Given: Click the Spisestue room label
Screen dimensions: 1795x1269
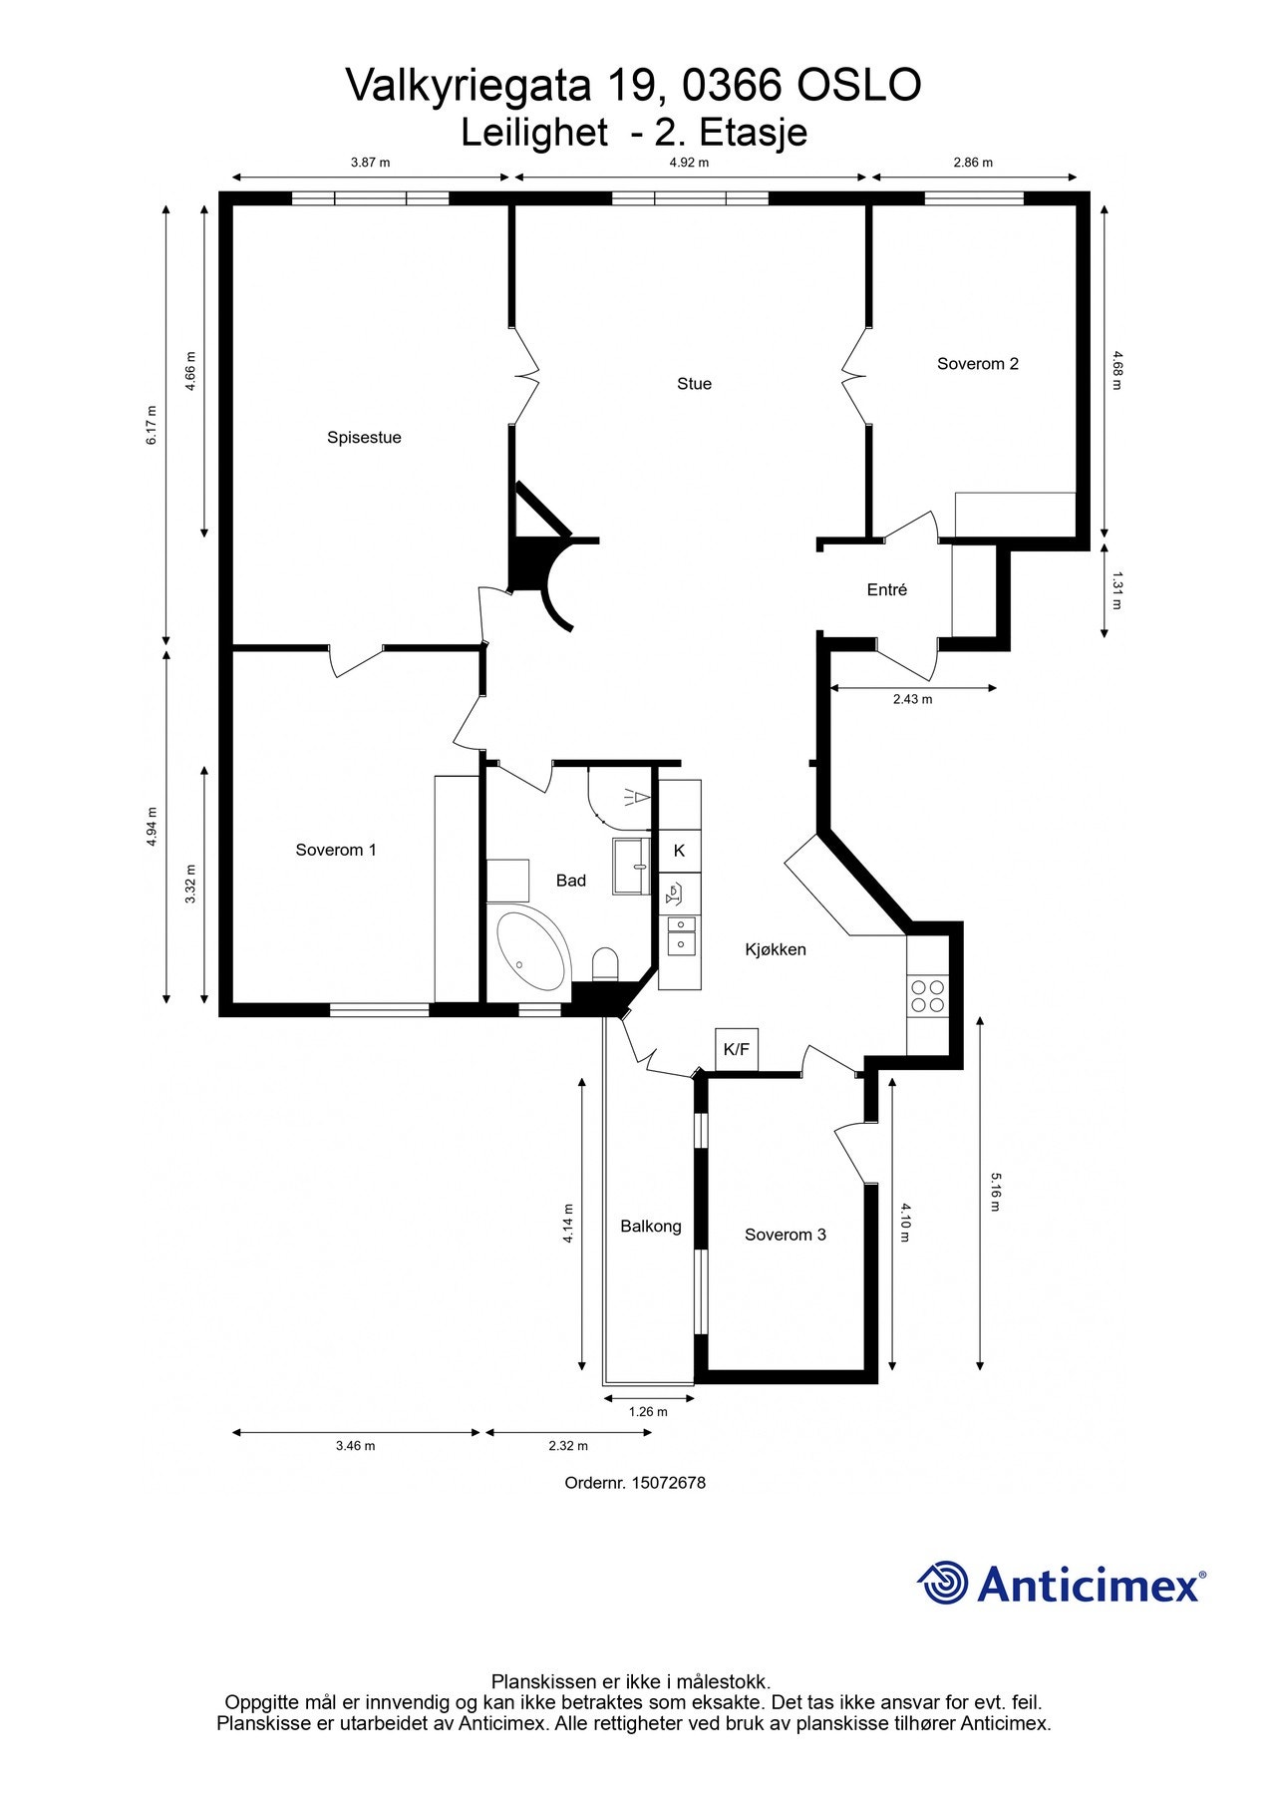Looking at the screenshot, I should coord(364,437).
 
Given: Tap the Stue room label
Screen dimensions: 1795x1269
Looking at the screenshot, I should coord(694,384).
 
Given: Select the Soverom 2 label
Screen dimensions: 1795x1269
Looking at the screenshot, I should coord(977,364).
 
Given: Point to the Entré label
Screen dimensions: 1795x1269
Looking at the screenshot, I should coord(886,590).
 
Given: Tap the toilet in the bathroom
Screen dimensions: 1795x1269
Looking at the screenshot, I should coord(605,964).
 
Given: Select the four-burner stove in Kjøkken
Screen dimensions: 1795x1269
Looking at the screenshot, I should coord(927,995).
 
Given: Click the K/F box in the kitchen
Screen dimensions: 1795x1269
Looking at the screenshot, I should coord(736,1049).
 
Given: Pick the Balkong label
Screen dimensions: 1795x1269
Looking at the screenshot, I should coord(650,1226).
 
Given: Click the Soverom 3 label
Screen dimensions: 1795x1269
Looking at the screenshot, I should coord(785,1235).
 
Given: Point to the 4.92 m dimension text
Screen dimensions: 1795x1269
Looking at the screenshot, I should coord(688,163).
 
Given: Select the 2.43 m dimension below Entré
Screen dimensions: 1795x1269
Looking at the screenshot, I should coord(912,699).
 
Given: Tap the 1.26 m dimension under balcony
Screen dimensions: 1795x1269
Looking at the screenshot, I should coord(648,1411).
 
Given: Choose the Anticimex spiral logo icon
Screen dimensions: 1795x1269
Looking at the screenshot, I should coord(943,1583).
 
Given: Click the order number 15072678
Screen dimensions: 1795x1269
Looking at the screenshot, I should coord(668,1483).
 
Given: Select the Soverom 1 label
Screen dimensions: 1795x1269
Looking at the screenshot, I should coord(336,850).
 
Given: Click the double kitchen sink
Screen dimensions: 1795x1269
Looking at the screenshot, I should coord(681,934).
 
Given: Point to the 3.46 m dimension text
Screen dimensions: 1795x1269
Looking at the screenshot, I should coord(355,1446).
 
